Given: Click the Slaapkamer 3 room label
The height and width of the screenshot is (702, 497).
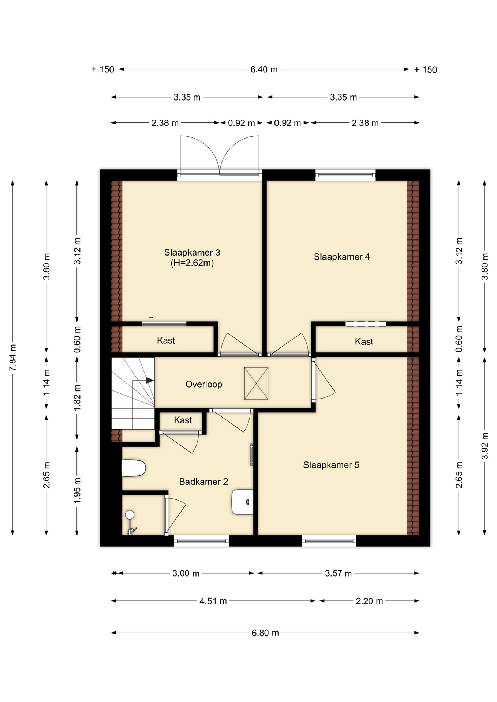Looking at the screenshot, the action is pos(192,252).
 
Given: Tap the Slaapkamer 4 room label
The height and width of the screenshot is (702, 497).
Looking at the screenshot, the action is pos(342,257).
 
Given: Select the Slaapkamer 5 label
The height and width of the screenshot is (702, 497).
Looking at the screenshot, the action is pos(331,465).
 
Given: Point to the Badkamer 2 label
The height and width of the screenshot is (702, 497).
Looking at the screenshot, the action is pos(203,482).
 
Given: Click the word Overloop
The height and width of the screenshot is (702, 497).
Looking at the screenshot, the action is pos(204,384).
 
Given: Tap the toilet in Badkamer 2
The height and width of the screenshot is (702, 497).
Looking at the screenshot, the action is pos(134,468).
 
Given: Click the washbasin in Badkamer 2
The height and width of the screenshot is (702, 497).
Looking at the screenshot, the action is pos(242,502).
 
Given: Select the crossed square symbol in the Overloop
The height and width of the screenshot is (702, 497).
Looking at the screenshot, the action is pos(256,384).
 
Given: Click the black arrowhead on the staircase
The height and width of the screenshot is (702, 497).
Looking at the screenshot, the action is pos(150,381).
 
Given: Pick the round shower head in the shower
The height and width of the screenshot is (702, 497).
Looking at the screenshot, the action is pos(130,515).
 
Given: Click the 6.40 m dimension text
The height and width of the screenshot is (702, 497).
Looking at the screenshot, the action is pos(264,69).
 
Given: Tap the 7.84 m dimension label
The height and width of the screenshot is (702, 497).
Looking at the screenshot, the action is pos(13,357).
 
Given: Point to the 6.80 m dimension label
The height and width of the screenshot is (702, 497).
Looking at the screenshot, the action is pos(265,633).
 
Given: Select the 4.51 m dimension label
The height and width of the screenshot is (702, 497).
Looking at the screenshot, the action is pos(213,601).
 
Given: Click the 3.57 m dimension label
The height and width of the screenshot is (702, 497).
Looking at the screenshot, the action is pos(338,573).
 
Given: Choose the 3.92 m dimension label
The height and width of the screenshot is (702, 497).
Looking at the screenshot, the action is pos(485,446).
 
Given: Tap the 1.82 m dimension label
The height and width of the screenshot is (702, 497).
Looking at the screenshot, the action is pos(77,397).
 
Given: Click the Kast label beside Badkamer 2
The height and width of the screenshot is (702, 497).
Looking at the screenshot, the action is pos(183,420).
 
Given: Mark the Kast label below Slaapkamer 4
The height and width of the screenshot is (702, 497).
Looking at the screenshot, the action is pos(364,341).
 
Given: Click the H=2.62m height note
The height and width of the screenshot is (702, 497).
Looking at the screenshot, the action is pos(192,263).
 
